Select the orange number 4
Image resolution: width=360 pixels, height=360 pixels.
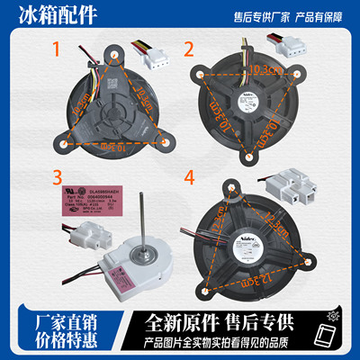tap(189, 178)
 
